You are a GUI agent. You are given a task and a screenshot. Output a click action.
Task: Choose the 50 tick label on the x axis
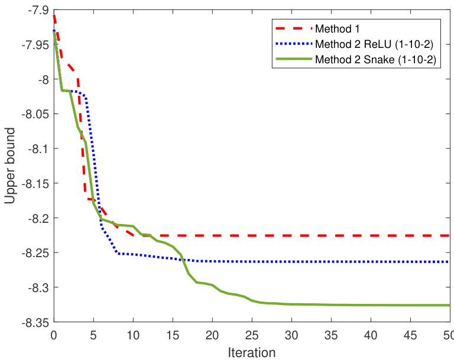449,335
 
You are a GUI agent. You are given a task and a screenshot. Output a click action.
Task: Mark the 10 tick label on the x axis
133,335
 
